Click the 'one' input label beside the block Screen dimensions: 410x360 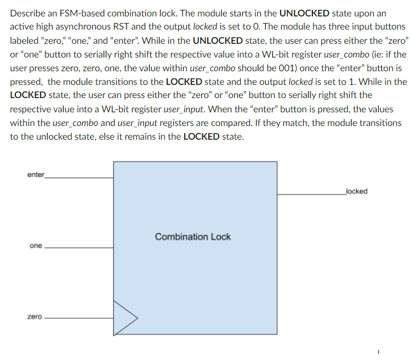36,245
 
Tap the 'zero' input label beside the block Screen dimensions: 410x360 35,317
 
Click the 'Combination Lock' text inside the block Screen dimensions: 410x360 193,237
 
